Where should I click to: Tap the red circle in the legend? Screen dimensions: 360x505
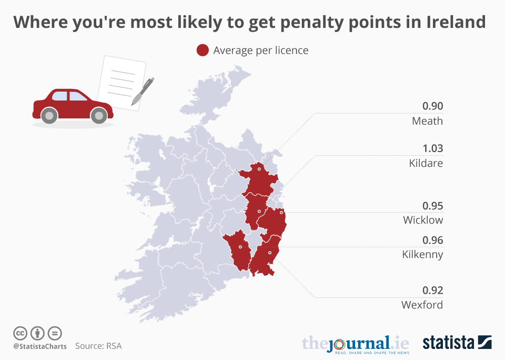[203, 51]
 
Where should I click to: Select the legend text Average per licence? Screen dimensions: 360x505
[260, 51]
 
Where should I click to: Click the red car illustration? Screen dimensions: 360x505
[73, 106]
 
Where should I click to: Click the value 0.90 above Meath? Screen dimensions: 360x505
[432, 106]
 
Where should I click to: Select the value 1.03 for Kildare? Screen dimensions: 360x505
[432, 148]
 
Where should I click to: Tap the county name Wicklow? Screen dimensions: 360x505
[423, 220]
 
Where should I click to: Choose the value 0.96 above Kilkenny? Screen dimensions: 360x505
[432, 241]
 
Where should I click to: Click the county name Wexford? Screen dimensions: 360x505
[422, 305]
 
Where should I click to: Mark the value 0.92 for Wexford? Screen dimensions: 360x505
[432, 291]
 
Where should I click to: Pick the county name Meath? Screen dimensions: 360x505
[427, 121]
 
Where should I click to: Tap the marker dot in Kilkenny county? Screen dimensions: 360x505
[240, 247]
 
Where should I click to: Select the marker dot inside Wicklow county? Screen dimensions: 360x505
[281, 213]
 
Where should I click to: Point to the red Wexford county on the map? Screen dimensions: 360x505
[265, 261]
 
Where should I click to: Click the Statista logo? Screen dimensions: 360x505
[457, 343]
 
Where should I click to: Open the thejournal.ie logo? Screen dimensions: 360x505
[355, 344]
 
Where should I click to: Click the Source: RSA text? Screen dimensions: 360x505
[98, 346]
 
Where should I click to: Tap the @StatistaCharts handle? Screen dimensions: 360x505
[39, 346]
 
